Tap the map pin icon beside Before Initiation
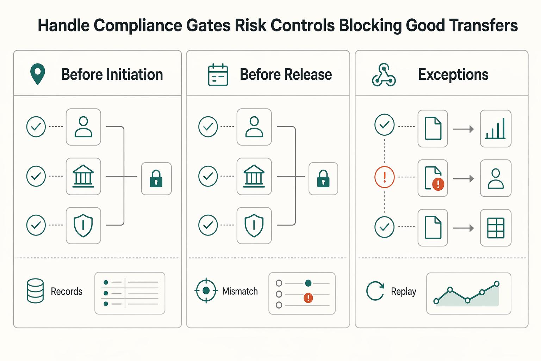pyautogui.click(x=38, y=74)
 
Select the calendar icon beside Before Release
pyautogui.click(x=218, y=75)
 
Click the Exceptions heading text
pyautogui.click(x=453, y=74)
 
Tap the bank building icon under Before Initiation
pyautogui.click(x=83, y=176)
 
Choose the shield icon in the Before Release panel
pyautogui.click(x=254, y=225)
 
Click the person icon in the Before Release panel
pyautogui.click(x=254, y=127)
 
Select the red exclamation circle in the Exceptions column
pyautogui.click(x=385, y=177)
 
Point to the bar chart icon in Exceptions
pyautogui.click(x=495, y=129)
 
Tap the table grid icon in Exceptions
pyautogui.click(x=496, y=228)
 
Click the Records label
pyautogui.click(x=67, y=291)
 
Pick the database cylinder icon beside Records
pyautogui.click(x=35, y=290)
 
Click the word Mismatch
pyautogui.click(x=240, y=291)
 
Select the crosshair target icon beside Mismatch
pyautogui.click(x=206, y=290)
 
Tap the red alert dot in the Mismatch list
pyautogui.click(x=308, y=298)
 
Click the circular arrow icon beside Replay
pyautogui.click(x=375, y=290)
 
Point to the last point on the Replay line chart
pyautogui.click(x=497, y=284)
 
